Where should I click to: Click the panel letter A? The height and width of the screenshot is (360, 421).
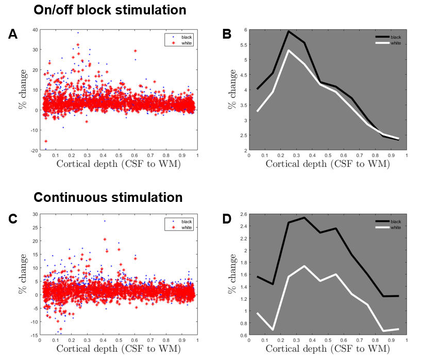coord(13,35)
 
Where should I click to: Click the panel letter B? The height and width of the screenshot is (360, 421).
coord(226,35)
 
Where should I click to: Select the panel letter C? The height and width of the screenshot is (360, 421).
coord(13,218)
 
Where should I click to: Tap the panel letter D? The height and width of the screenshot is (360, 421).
coord(226,218)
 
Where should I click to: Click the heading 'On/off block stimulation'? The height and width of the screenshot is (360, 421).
coord(110,10)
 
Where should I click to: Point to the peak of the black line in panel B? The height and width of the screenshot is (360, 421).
coord(289,31)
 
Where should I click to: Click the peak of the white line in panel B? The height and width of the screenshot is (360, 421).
coord(289,50)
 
